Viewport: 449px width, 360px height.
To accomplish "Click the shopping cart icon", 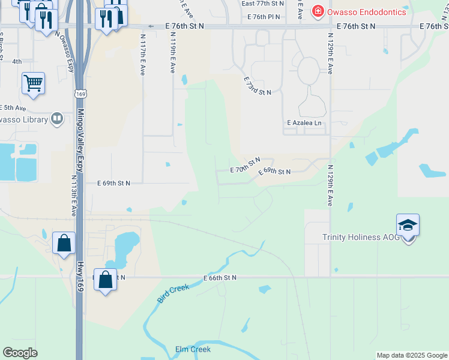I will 33,83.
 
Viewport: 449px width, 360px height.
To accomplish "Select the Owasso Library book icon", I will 57,118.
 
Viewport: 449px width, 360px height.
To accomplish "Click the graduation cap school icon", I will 408,226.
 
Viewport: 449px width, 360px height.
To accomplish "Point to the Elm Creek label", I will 193,349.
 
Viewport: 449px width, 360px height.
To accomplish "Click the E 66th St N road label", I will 220,278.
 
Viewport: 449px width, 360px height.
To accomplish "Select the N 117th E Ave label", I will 143,54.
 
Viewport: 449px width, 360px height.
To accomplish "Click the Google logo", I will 20,352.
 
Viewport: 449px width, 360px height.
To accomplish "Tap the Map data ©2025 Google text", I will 412,355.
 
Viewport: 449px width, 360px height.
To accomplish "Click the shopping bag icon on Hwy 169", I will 64,243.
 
